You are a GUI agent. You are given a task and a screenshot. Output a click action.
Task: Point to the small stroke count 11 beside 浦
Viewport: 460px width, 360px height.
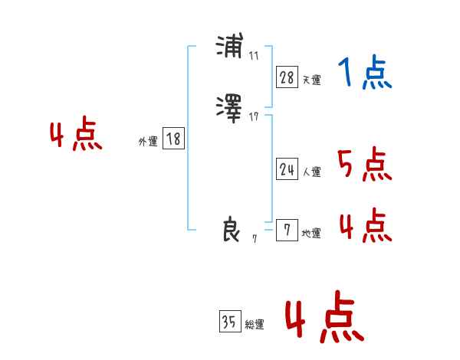coord(254,57)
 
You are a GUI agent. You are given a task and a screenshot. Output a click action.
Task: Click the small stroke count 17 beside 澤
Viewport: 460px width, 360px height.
coord(254,116)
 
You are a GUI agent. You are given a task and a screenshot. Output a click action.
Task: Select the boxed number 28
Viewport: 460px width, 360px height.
coord(287,77)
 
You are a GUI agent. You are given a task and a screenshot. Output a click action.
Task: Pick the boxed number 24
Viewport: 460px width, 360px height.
coord(287,170)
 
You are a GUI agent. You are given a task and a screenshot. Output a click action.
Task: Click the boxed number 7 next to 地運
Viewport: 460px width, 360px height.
coord(287,231)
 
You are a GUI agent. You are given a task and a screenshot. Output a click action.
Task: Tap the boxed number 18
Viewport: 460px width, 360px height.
coord(173,139)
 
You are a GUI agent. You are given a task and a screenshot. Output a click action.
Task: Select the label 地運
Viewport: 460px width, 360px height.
coord(311,234)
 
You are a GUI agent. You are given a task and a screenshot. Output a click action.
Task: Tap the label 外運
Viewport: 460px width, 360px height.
coord(148,142)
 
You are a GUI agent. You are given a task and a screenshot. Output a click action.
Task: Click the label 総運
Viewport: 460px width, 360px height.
coord(255,326)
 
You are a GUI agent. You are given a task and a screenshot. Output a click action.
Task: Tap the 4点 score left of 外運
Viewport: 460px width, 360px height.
coord(76,136)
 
